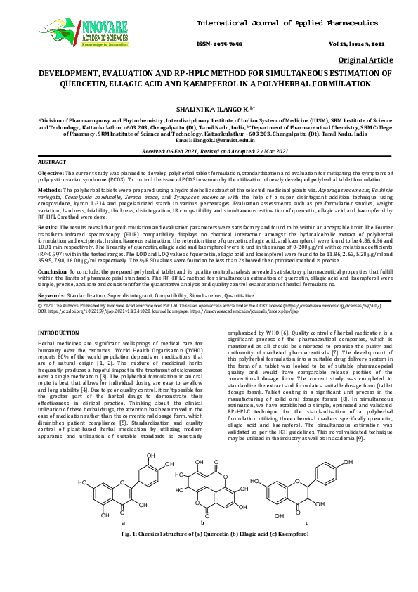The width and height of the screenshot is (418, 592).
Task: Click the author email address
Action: (210, 140)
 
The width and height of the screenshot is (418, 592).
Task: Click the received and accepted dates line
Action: (209, 151)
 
